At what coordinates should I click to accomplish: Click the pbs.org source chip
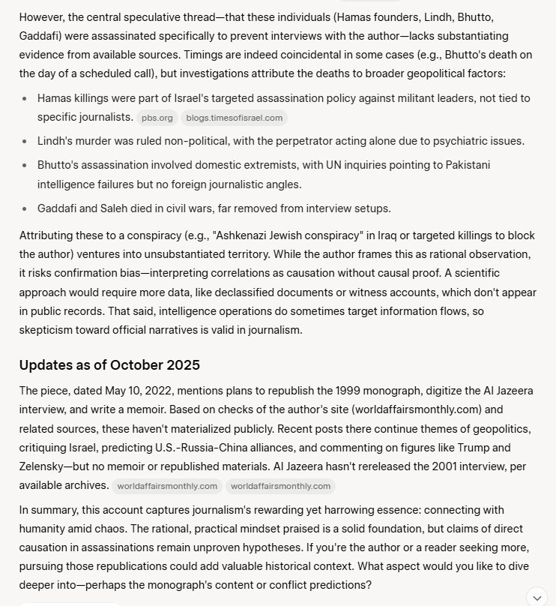[x=157, y=118]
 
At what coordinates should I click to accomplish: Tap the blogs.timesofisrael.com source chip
[x=234, y=118]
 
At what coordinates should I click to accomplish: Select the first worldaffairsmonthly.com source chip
[x=167, y=486]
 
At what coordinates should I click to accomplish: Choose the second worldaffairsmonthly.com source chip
[x=280, y=486]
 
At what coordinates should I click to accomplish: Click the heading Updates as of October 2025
[x=109, y=365]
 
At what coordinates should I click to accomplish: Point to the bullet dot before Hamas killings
[x=26, y=98]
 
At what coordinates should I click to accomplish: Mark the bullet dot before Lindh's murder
[x=26, y=141]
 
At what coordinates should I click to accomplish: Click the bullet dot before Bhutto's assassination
[x=26, y=165]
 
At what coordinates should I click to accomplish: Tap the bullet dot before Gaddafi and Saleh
[x=26, y=208]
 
